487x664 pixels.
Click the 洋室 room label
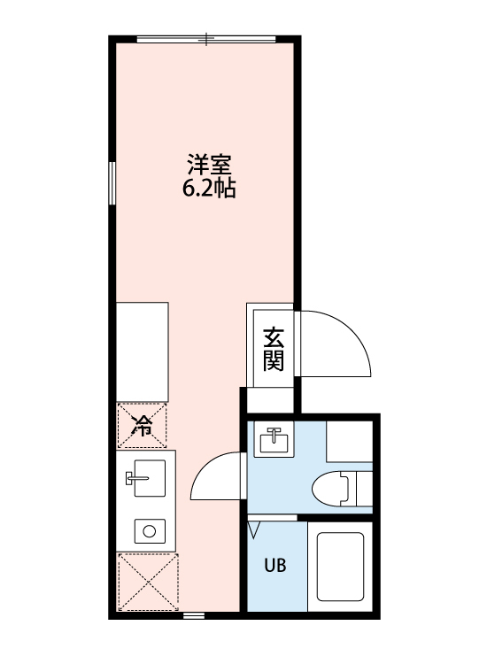click(x=210, y=166)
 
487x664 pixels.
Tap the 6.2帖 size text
click(x=209, y=189)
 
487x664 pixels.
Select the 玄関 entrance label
click(x=274, y=350)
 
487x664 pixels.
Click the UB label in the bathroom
click(x=275, y=566)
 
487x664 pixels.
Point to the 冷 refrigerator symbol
click(x=142, y=425)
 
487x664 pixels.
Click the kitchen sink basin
click(x=150, y=478)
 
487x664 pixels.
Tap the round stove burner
click(x=150, y=531)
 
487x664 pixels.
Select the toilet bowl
click(x=330, y=488)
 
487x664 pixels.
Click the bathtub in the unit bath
click(x=341, y=567)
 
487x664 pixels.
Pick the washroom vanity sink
click(x=274, y=439)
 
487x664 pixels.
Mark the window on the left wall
click(x=112, y=183)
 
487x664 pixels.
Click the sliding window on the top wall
click(x=206, y=39)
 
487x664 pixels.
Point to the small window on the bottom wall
click(x=195, y=614)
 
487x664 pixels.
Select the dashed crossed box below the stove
click(x=148, y=582)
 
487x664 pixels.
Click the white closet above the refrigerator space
click(x=143, y=351)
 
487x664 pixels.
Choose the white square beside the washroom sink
click(x=349, y=441)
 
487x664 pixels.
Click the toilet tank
click(x=365, y=488)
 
